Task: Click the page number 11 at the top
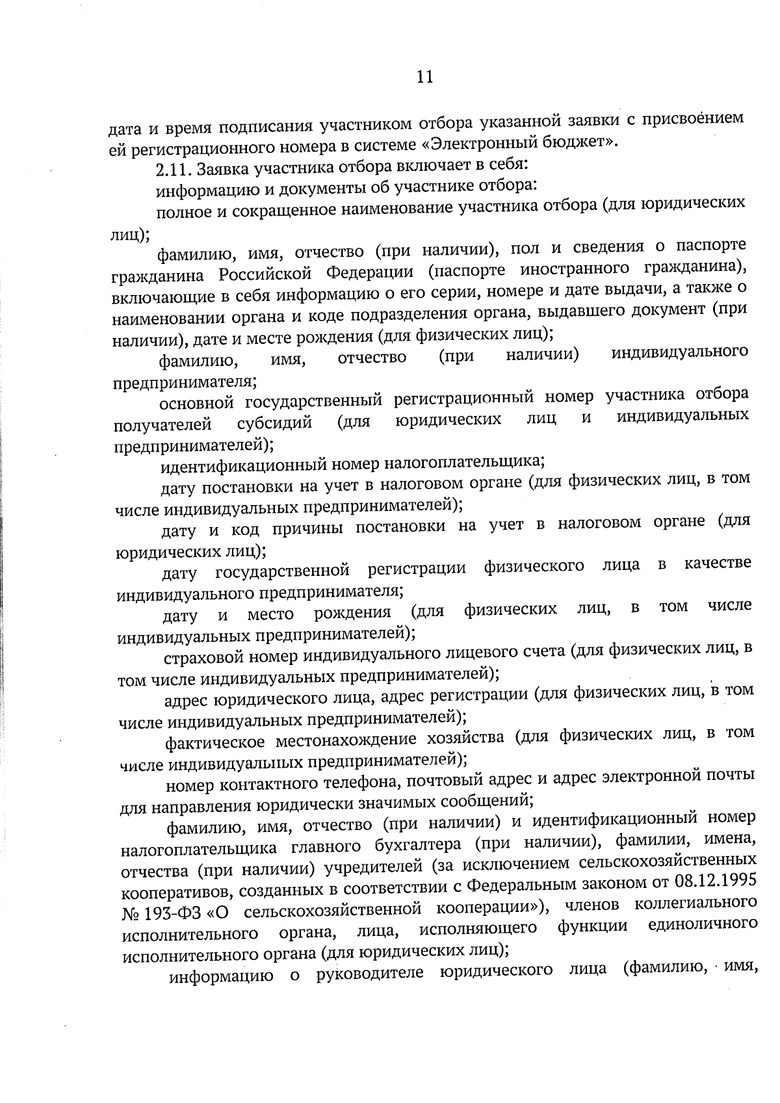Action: (424, 77)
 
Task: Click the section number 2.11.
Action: (174, 170)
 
